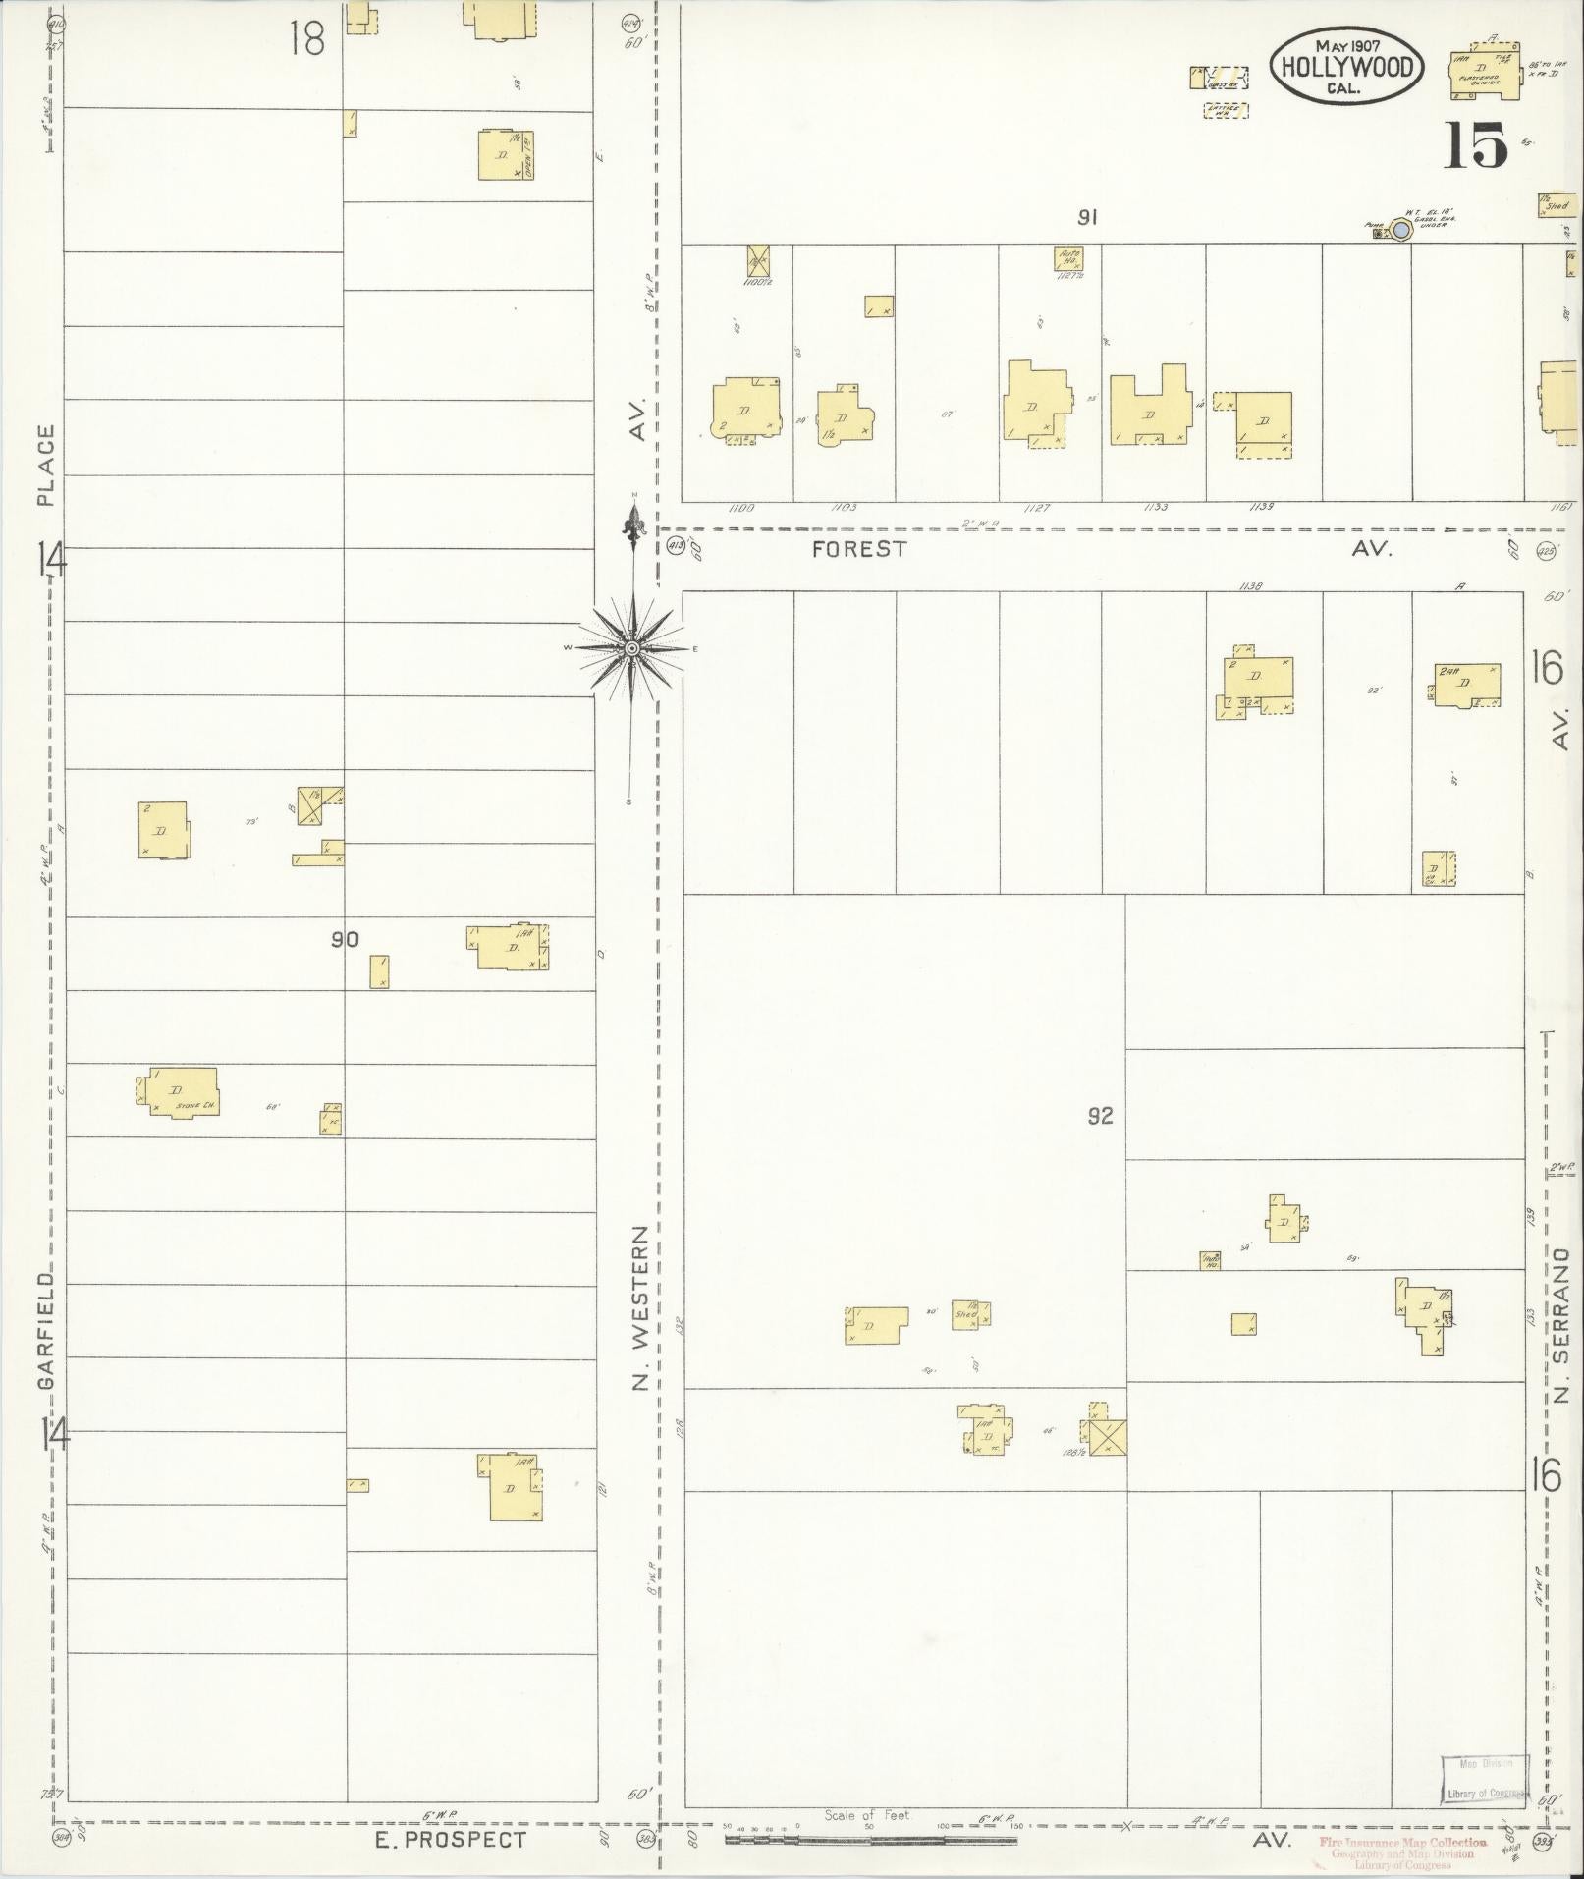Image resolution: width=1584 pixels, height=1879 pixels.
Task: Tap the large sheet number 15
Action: tap(1475, 147)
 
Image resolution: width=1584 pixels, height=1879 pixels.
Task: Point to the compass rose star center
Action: tap(632, 649)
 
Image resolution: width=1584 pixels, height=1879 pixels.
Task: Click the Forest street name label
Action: tap(859, 549)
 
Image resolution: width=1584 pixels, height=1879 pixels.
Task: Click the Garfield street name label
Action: tap(45, 1331)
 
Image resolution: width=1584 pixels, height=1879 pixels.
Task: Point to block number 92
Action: tap(1100, 1115)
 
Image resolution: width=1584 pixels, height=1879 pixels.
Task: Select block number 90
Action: tap(345, 940)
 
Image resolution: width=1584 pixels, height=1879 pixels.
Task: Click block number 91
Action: tap(1086, 218)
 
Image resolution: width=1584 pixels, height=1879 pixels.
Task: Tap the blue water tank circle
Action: tap(1401, 230)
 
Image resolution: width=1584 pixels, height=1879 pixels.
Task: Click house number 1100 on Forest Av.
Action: tap(741, 508)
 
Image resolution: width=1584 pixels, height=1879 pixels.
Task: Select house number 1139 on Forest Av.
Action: tap(1262, 508)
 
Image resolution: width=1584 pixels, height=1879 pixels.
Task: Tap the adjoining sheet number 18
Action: tap(307, 39)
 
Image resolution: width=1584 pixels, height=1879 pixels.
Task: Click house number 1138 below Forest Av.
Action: tap(1250, 585)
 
